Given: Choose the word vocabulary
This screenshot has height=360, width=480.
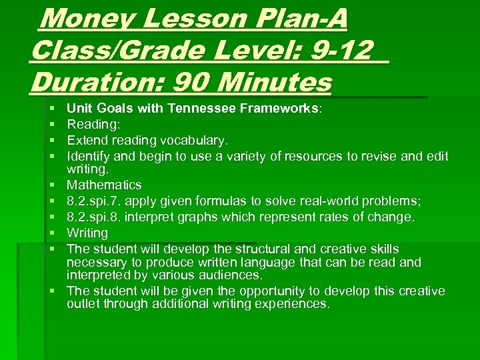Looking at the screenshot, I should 193,141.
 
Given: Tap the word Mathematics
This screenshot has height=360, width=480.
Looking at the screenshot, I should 104,185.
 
